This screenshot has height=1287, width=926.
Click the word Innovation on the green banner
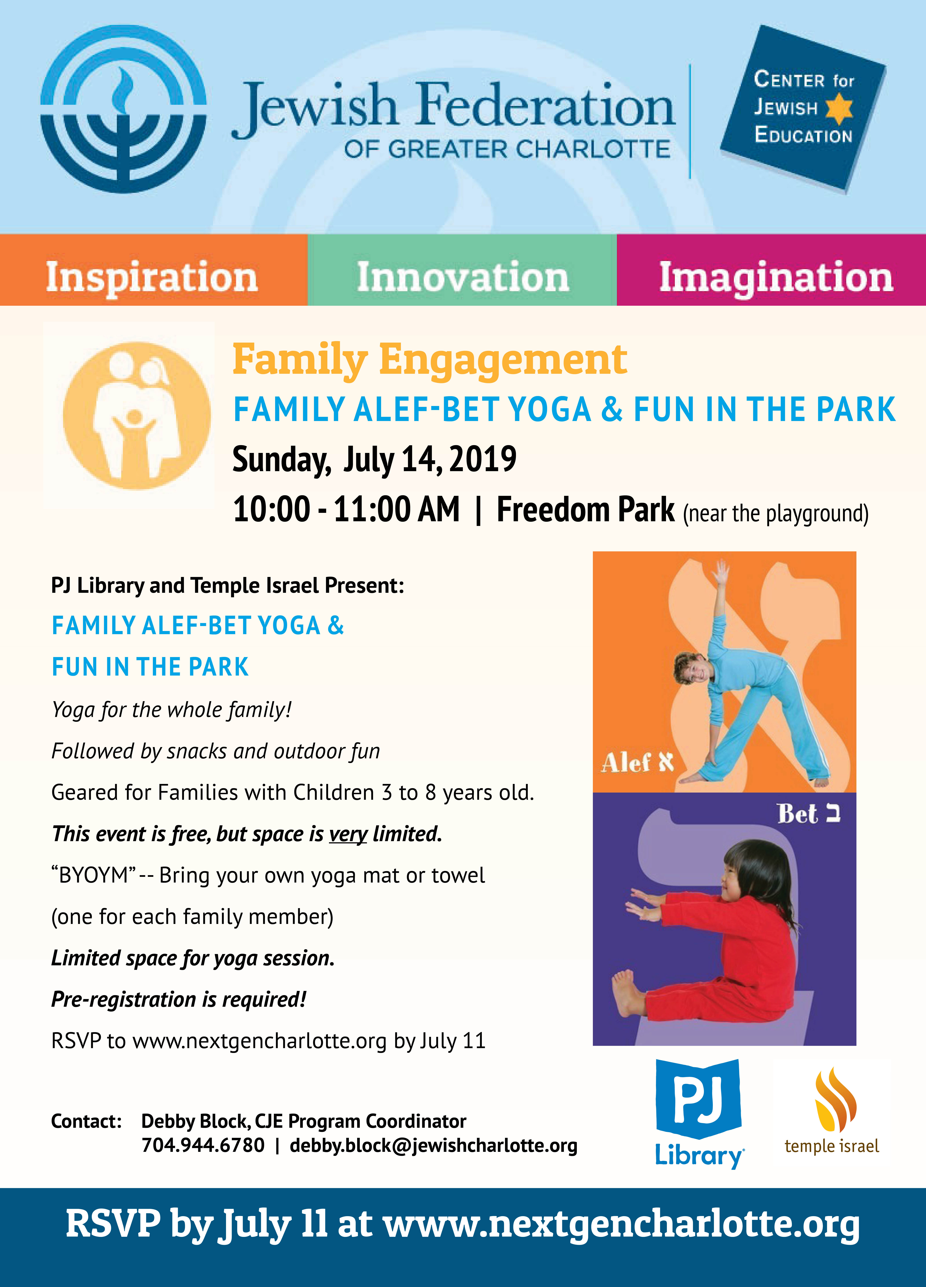pos(463,277)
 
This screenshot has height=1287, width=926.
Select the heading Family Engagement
pos(430,360)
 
